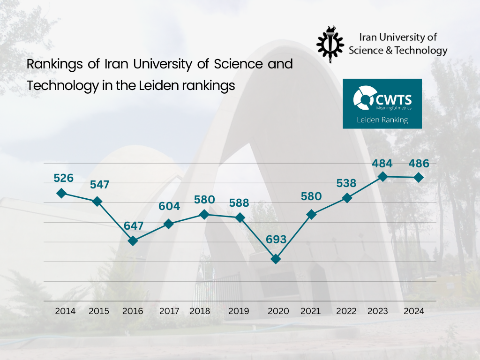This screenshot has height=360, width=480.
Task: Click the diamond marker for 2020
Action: coord(276,259)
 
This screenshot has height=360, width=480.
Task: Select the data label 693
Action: coord(276,240)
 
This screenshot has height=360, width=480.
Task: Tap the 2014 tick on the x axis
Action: coord(65,311)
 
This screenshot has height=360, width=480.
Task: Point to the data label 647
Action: coord(134,225)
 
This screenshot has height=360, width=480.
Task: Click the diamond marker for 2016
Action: coord(133,241)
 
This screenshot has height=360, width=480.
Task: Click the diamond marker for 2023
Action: coord(382,177)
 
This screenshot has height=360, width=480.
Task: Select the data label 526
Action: coord(64,178)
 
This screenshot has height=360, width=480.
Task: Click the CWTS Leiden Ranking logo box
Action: coord(382,104)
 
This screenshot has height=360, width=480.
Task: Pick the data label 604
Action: coord(170,206)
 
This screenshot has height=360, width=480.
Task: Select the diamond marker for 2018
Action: coord(204,215)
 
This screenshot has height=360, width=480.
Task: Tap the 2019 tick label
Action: coord(239,311)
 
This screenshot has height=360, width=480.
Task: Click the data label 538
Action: coord(346,183)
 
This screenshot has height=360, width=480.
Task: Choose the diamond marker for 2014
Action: coord(61,193)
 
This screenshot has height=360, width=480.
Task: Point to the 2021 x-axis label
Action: coord(310,311)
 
